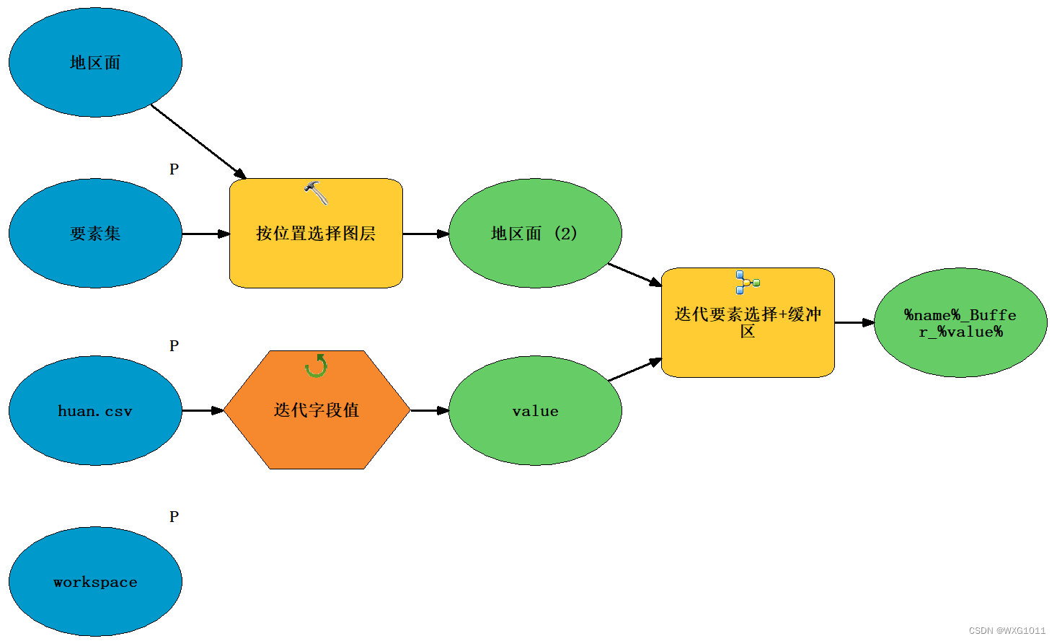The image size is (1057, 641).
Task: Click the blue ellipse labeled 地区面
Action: [95, 63]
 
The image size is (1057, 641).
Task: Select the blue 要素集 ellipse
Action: [95, 234]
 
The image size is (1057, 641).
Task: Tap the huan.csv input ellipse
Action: [95, 411]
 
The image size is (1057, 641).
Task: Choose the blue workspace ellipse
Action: [95, 582]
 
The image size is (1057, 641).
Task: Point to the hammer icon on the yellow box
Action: [316, 193]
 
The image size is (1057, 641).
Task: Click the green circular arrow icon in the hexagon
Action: [316, 366]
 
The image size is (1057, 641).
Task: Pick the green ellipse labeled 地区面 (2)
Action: [535, 234]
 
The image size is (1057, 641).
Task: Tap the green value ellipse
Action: [535, 411]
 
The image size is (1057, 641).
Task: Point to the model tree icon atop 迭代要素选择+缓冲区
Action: [747, 282]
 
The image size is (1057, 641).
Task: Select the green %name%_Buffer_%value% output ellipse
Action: [960, 323]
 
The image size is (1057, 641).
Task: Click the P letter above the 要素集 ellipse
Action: [174, 169]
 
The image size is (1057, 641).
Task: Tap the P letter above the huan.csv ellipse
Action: [174, 346]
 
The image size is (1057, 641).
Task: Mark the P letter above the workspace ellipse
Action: [174, 517]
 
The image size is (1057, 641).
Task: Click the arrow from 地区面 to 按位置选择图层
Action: [198, 141]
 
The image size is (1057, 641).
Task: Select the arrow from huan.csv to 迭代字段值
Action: [203, 411]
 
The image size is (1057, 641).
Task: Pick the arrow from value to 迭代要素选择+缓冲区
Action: [634, 370]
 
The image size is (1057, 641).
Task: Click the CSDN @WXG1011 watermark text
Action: [1007, 631]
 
